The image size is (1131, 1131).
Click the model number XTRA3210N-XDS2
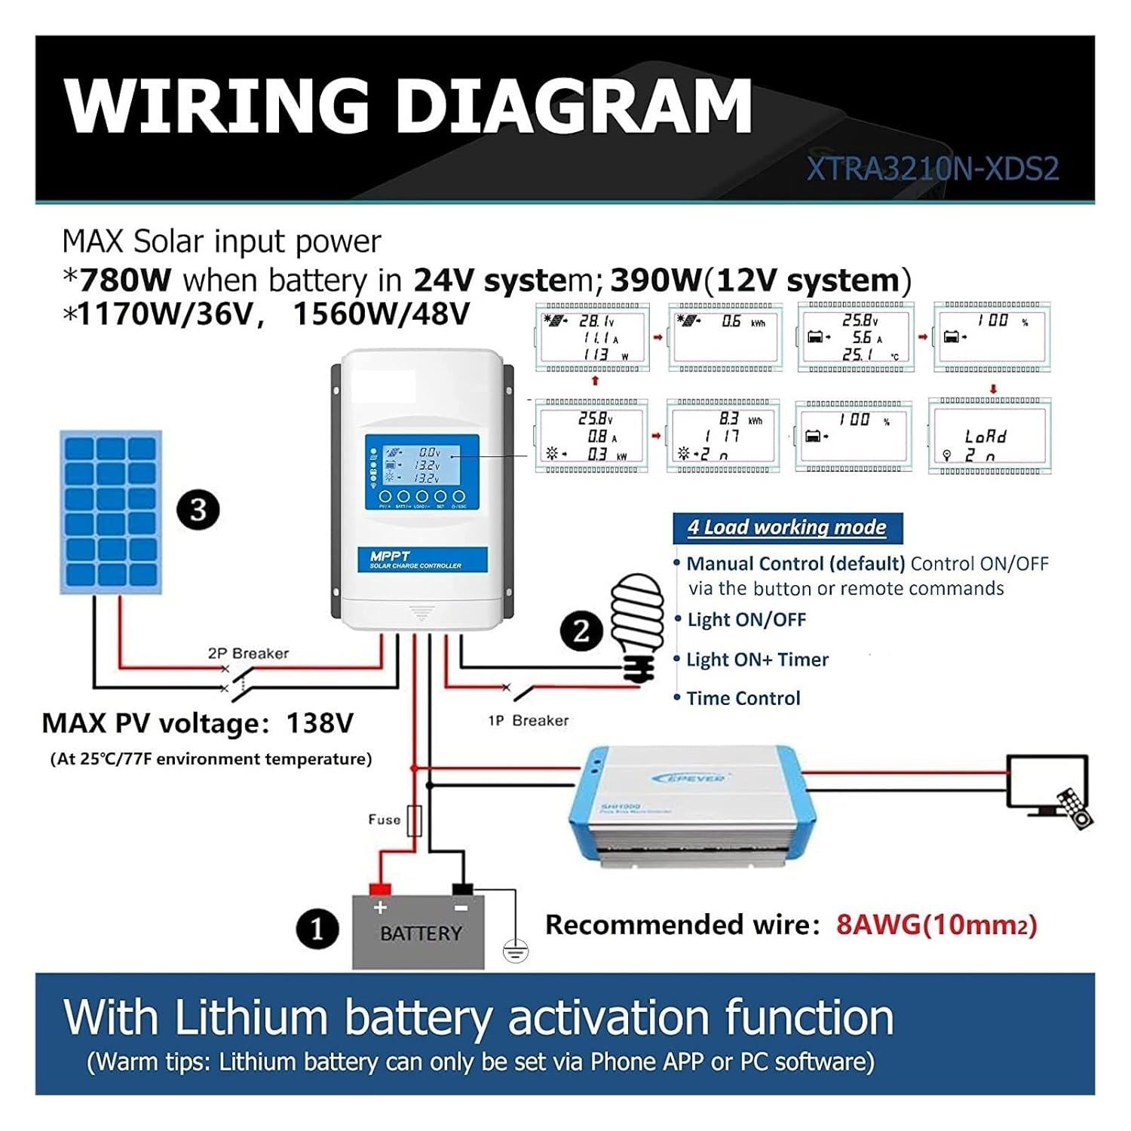933,168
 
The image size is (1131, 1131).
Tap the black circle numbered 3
198,510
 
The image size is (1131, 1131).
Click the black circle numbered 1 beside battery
317,929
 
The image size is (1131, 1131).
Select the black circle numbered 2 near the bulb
581,630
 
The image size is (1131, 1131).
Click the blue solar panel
111,513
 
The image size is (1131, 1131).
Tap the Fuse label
384,820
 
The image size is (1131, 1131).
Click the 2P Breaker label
248,654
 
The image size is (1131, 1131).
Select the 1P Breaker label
528,721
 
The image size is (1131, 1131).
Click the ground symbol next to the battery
515,953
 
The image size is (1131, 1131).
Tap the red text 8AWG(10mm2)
936,925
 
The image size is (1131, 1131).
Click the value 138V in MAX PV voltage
320,724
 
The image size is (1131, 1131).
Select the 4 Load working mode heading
786,528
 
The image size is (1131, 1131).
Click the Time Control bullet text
743,699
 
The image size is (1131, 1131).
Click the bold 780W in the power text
125,280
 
